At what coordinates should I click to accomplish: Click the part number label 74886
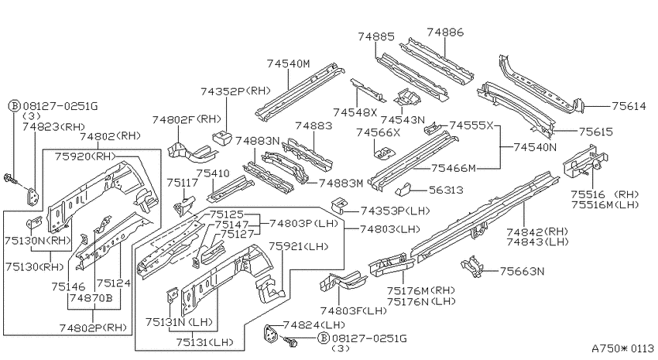coord(445,32)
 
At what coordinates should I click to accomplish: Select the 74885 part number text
coord(376,36)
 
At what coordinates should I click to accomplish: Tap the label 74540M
coord(288,63)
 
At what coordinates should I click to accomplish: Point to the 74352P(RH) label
coord(235,91)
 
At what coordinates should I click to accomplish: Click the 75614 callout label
coord(629,106)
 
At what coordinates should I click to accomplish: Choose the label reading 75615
coord(596,132)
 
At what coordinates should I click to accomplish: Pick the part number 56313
coord(446,190)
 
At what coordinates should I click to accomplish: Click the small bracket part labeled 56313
coord(404,189)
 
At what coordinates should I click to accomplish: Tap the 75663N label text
coord(522,272)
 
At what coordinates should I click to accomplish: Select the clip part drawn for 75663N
coord(472,266)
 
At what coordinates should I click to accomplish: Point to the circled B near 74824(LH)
coord(323,338)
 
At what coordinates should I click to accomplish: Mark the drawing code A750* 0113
coord(622,348)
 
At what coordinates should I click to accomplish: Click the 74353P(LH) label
coord(396,211)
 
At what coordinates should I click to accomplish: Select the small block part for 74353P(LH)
coord(338,205)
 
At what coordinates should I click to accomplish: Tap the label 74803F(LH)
coord(353,310)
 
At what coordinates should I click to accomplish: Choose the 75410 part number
coord(213,173)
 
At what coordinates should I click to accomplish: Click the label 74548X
coord(355,112)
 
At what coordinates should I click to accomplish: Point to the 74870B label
coord(91,298)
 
